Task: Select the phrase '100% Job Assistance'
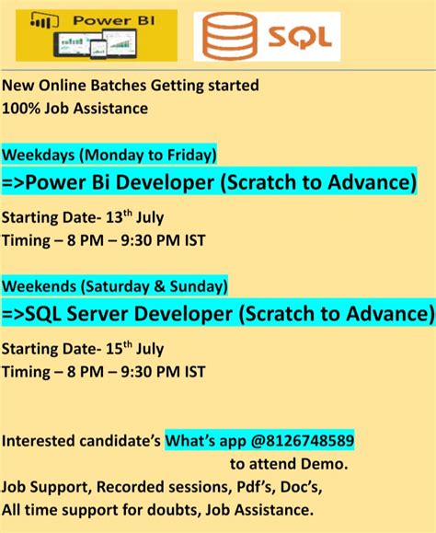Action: point(75,109)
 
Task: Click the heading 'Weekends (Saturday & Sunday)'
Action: point(115,285)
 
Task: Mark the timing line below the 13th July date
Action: point(104,240)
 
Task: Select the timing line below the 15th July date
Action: point(104,372)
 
